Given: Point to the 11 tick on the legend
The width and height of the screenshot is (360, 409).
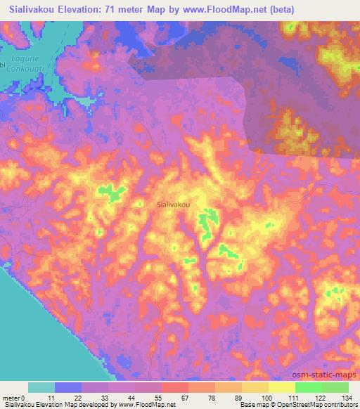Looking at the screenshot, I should tap(56, 398).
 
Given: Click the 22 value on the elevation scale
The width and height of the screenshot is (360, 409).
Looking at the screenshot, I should tap(82, 398).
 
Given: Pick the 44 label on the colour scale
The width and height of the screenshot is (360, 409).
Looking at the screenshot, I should tap(136, 398).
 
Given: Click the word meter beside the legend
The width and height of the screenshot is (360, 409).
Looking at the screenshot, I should tap(13, 398).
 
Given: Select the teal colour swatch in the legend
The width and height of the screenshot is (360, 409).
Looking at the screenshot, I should tap(41, 387).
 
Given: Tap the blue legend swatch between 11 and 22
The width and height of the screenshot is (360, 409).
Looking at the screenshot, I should tap(69, 387).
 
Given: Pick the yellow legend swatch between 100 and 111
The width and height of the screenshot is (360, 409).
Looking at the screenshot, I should tap(282, 387).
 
